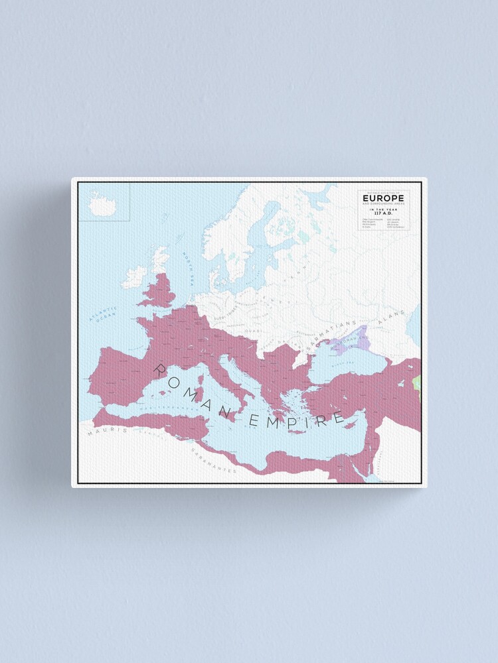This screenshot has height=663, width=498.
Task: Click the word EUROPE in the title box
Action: point(382,197)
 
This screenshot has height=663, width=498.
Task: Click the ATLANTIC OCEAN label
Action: point(104,315)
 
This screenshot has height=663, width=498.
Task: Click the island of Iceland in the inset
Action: point(103,207)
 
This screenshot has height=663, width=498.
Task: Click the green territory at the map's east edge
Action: point(417,383)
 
